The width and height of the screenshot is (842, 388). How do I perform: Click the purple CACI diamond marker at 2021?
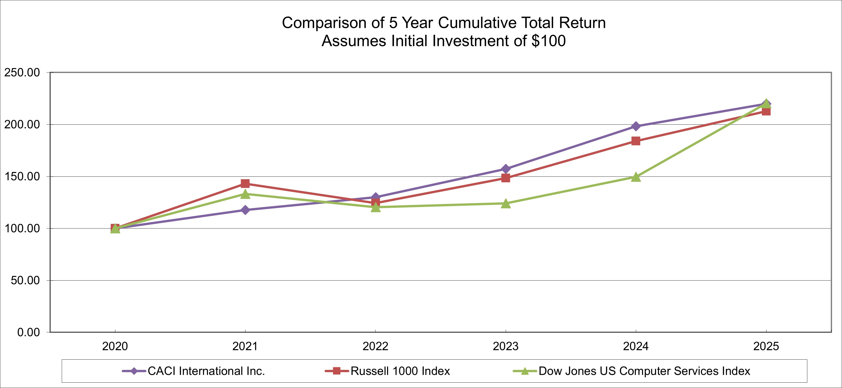pyautogui.click(x=245, y=210)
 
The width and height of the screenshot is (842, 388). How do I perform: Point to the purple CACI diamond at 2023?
pyautogui.click(x=506, y=169)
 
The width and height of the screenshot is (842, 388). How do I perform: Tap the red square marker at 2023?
pyautogui.click(x=506, y=178)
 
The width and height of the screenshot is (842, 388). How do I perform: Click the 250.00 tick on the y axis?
pyautogui.click(x=22, y=72)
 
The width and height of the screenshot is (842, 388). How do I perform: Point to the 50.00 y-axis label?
pyautogui.click(x=25, y=281)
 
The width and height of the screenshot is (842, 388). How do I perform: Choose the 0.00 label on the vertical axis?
pyautogui.click(x=28, y=332)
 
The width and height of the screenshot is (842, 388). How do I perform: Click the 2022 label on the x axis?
pyautogui.click(x=375, y=346)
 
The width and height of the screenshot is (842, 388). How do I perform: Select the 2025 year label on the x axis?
pyautogui.click(x=766, y=346)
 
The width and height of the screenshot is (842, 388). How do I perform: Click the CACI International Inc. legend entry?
pyautogui.click(x=206, y=371)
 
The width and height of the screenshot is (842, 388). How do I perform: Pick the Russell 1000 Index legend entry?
pyautogui.click(x=400, y=371)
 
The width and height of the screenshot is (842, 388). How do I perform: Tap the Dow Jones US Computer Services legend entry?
pyautogui.click(x=644, y=371)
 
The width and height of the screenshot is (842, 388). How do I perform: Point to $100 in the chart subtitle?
pyautogui.click(x=549, y=41)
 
